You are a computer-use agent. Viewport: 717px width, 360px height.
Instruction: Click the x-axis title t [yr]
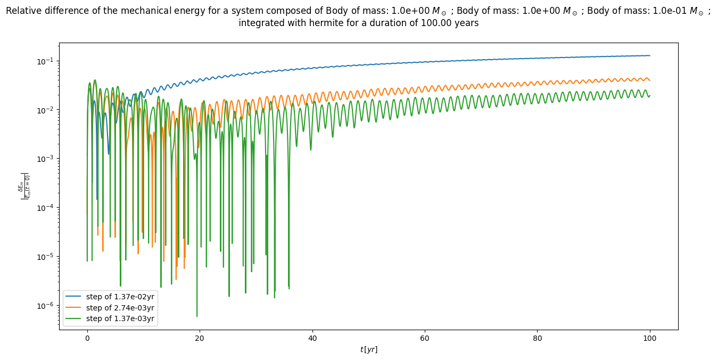[x=368, y=349]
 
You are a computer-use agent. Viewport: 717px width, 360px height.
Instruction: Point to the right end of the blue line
[x=650, y=55]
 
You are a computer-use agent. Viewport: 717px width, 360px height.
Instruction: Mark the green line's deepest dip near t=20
[x=197, y=316]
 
